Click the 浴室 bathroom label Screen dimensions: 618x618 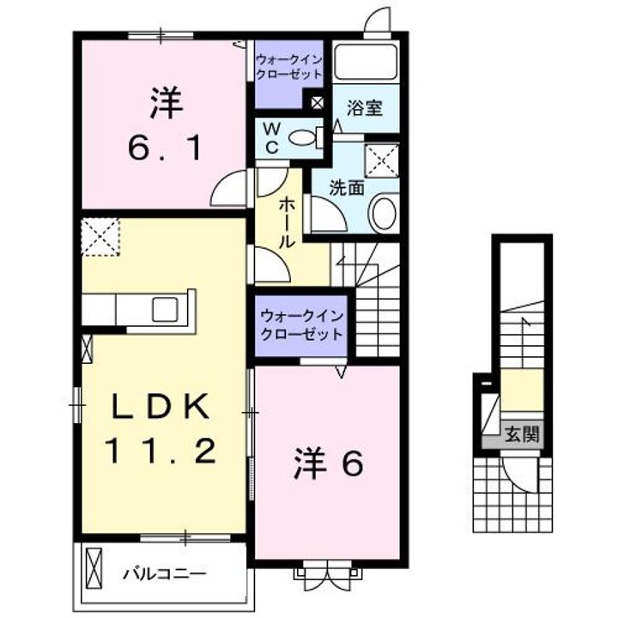point(365,109)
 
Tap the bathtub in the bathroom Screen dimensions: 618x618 point(366,61)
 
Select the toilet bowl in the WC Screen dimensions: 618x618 point(303,136)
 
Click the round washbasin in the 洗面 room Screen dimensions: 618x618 point(385,211)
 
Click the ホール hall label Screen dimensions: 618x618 point(287,221)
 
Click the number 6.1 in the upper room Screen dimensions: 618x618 point(165,148)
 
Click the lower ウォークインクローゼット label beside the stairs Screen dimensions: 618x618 point(301,324)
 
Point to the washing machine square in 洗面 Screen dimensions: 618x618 point(381,160)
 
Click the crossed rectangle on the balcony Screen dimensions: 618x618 point(94,572)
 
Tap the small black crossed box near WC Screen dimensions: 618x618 point(318,104)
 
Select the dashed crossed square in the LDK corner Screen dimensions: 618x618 point(100,237)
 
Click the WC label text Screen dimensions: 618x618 point(270,136)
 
